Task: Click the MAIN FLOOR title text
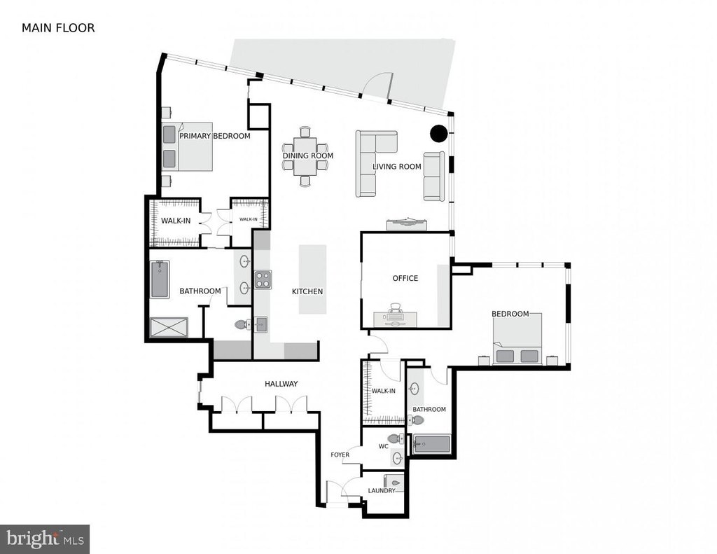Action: (58, 28)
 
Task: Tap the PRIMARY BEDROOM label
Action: (214, 136)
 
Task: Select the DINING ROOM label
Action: (308, 155)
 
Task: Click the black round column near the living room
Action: (438, 133)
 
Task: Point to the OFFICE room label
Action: (405, 278)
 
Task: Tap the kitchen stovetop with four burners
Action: (263, 279)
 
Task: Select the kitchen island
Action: (313, 279)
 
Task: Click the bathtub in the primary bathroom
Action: (160, 279)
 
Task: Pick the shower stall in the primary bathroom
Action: (169, 328)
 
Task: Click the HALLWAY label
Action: (281, 384)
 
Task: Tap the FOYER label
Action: (340, 455)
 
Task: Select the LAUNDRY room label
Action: (382, 490)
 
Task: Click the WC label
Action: (383, 446)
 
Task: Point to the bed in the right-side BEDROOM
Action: (517, 339)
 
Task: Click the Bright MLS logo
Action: (45, 539)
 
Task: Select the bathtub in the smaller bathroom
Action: (432, 444)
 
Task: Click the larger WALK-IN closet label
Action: (176, 221)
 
